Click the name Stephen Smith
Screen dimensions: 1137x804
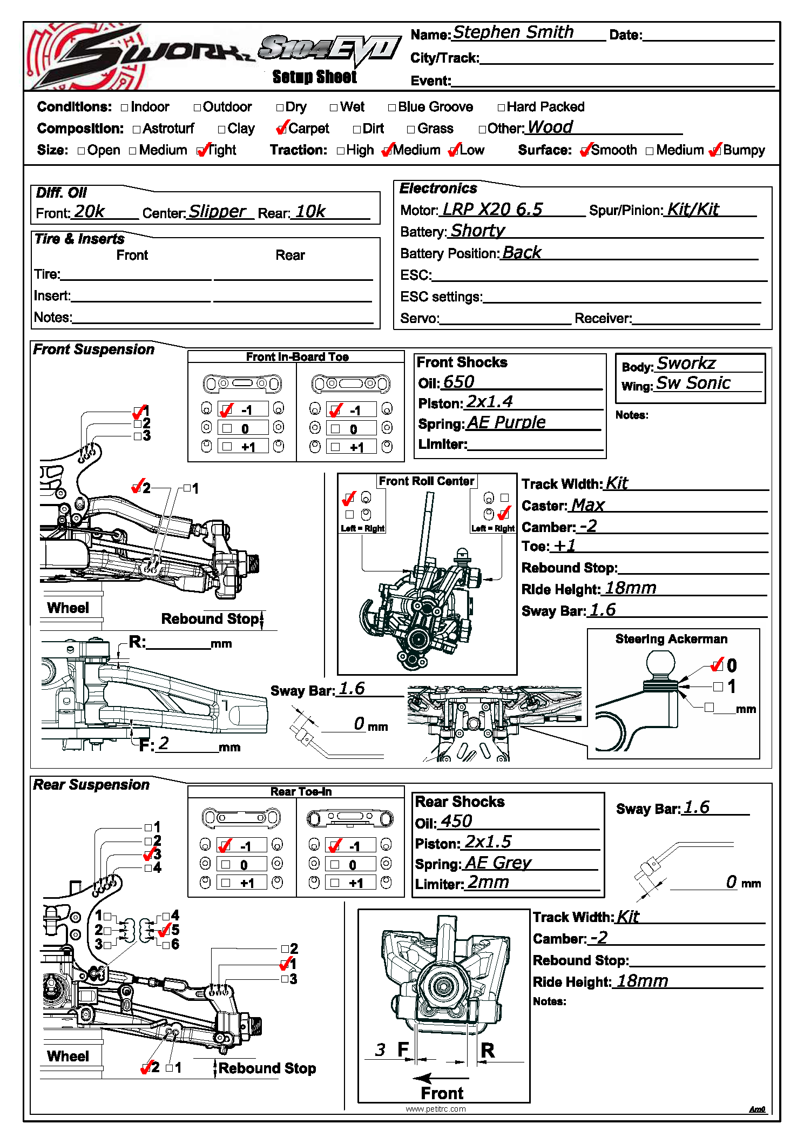[x=512, y=32]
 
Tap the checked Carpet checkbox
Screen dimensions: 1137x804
[x=281, y=129]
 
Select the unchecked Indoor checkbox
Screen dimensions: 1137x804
[x=125, y=107]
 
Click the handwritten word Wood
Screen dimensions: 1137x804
[x=550, y=127]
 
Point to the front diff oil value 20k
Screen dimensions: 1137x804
[x=89, y=211]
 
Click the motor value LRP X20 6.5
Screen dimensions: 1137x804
[x=492, y=209]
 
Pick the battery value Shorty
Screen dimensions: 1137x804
[x=477, y=231]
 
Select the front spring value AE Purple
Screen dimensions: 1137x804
[x=506, y=422]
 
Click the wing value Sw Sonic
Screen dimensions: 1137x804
[x=693, y=383]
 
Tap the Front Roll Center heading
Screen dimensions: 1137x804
[x=426, y=481]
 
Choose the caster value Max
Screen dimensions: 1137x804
[x=587, y=505]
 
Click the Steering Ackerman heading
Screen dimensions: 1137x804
[x=671, y=639]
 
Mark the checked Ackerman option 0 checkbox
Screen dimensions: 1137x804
[x=718, y=665]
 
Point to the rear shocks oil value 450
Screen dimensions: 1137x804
[x=456, y=822]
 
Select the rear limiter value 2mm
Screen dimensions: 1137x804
[x=488, y=882]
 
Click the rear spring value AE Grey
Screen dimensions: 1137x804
[x=498, y=863]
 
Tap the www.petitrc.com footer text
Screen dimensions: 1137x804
[x=435, y=1109]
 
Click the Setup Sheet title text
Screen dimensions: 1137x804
[x=314, y=77]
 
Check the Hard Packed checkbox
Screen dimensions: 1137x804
[x=501, y=107]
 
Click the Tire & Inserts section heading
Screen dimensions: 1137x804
[x=79, y=239]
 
